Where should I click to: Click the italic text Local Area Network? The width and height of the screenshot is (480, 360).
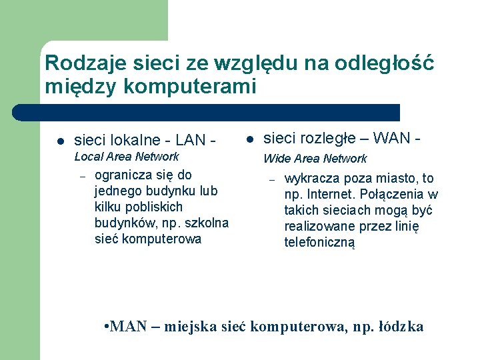(126, 157)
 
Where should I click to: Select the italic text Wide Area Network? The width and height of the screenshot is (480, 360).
(315, 159)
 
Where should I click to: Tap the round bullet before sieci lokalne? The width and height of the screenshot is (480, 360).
(59, 141)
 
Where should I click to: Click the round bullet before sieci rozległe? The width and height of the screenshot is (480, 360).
(249, 139)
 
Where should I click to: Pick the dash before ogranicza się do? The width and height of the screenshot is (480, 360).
(83, 177)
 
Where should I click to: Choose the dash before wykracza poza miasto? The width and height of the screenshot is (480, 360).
(272, 179)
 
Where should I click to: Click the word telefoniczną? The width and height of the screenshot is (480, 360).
(320, 243)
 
